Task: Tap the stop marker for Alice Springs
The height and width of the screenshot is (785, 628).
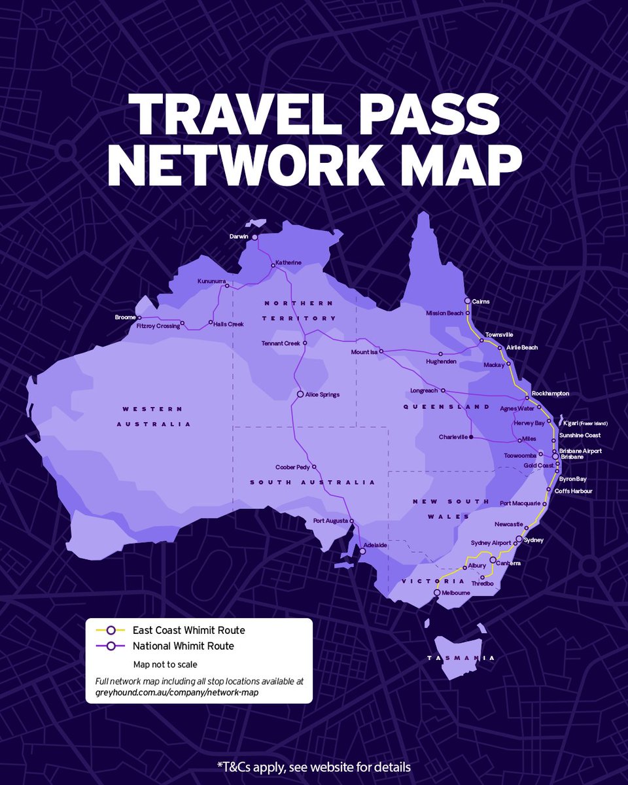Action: (x=300, y=394)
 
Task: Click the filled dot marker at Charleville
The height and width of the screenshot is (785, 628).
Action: (x=472, y=437)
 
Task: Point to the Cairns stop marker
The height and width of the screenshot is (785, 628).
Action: (x=468, y=301)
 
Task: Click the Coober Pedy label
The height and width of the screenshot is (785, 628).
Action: (x=293, y=467)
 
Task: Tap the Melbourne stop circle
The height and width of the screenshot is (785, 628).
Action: (x=438, y=593)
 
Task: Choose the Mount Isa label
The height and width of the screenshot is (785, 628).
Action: (x=364, y=352)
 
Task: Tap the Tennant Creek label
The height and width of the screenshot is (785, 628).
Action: (x=280, y=343)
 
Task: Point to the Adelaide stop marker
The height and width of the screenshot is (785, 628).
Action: (x=362, y=551)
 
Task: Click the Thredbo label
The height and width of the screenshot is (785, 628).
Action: (x=482, y=584)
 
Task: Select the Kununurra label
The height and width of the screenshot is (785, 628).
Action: (x=210, y=281)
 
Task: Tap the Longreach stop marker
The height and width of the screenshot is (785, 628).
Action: (x=443, y=391)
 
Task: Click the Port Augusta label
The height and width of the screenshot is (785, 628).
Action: (x=330, y=521)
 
